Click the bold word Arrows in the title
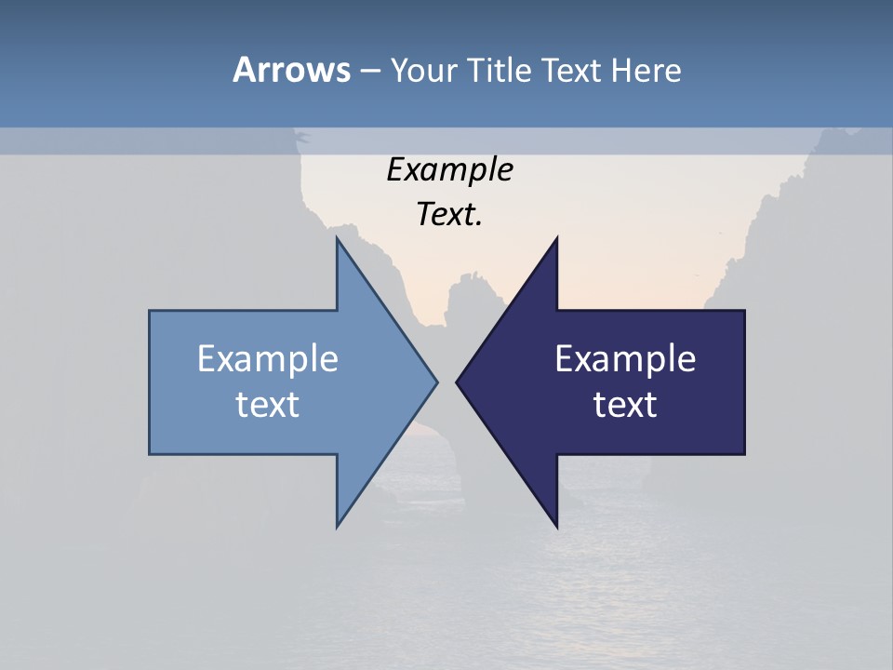click(291, 70)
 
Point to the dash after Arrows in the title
click(369, 70)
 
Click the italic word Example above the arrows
click(449, 170)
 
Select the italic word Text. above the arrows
click(449, 215)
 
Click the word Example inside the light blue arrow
click(268, 359)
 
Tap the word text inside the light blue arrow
click(268, 405)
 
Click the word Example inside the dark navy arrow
click(625, 359)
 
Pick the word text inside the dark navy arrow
click(625, 405)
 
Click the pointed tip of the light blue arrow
click(436, 382)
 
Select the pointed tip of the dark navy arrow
click(457, 382)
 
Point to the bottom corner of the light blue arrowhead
click(338, 526)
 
